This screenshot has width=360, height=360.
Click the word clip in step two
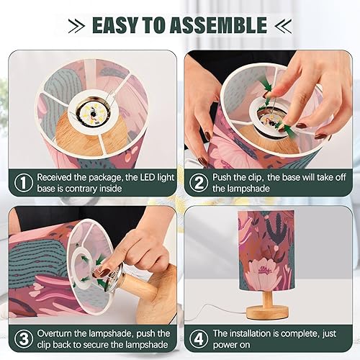pyautogui.click(x=258, y=176)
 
